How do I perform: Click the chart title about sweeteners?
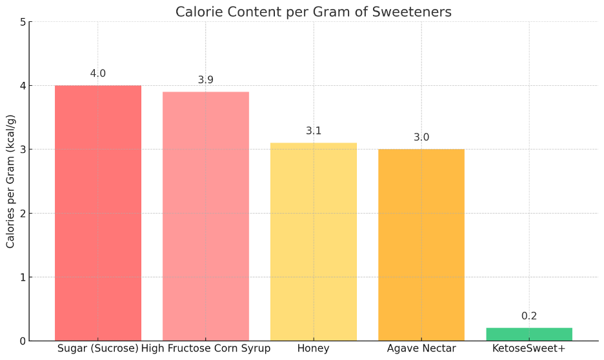(x=314, y=12)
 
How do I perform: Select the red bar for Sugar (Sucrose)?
(x=98, y=213)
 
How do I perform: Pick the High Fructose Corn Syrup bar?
(x=206, y=216)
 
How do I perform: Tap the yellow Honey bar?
(x=314, y=242)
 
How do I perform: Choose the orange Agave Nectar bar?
(x=421, y=245)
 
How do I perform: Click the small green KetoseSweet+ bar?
(x=529, y=334)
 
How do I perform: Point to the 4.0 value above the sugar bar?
(x=98, y=74)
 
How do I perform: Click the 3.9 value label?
(x=206, y=80)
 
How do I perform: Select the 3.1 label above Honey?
(x=314, y=131)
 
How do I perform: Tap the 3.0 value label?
(x=421, y=137)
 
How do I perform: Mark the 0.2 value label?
(x=529, y=316)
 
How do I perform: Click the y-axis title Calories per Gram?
(x=11, y=181)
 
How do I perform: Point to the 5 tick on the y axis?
(x=23, y=22)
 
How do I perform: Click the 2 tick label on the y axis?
(x=23, y=214)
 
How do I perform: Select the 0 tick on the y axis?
(x=23, y=341)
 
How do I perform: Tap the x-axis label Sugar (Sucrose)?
(x=98, y=349)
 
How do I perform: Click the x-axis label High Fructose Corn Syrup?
(x=206, y=349)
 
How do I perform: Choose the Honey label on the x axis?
(x=314, y=349)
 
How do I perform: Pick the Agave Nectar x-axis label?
(x=421, y=349)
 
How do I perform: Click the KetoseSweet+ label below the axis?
(x=529, y=349)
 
